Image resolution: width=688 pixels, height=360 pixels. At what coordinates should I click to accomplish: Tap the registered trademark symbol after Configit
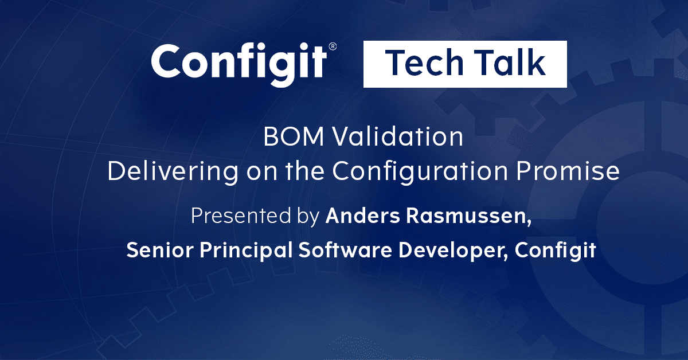(x=332, y=46)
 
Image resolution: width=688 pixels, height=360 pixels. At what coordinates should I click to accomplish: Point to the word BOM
(x=289, y=138)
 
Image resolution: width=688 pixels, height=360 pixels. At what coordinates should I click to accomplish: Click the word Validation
(x=393, y=138)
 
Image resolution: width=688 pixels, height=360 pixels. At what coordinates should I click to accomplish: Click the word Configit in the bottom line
(x=555, y=252)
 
